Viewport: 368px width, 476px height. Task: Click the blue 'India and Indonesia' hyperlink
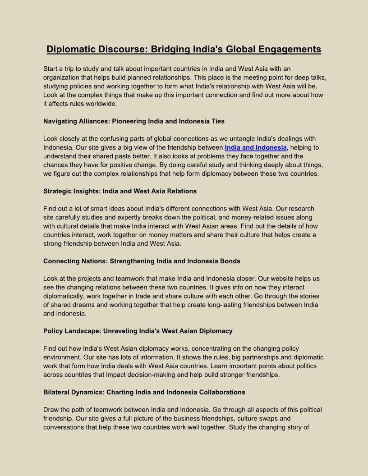click(x=255, y=147)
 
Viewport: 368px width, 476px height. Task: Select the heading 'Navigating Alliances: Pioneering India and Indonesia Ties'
click(x=133, y=121)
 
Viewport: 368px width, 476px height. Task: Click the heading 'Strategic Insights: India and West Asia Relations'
click(x=120, y=191)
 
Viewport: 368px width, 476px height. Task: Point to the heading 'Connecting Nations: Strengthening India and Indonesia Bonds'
click(x=142, y=261)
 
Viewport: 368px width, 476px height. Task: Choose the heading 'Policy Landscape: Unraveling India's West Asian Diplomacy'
click(x=138, y=331)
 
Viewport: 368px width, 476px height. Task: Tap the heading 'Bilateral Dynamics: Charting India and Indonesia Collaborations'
click(x=144, y=392)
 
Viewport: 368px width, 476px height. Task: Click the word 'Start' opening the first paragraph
click(x=51, y=69)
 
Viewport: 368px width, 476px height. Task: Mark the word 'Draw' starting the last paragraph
click(x=51, y=410)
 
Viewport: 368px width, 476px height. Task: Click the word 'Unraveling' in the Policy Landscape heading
click(x=121, y=331)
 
